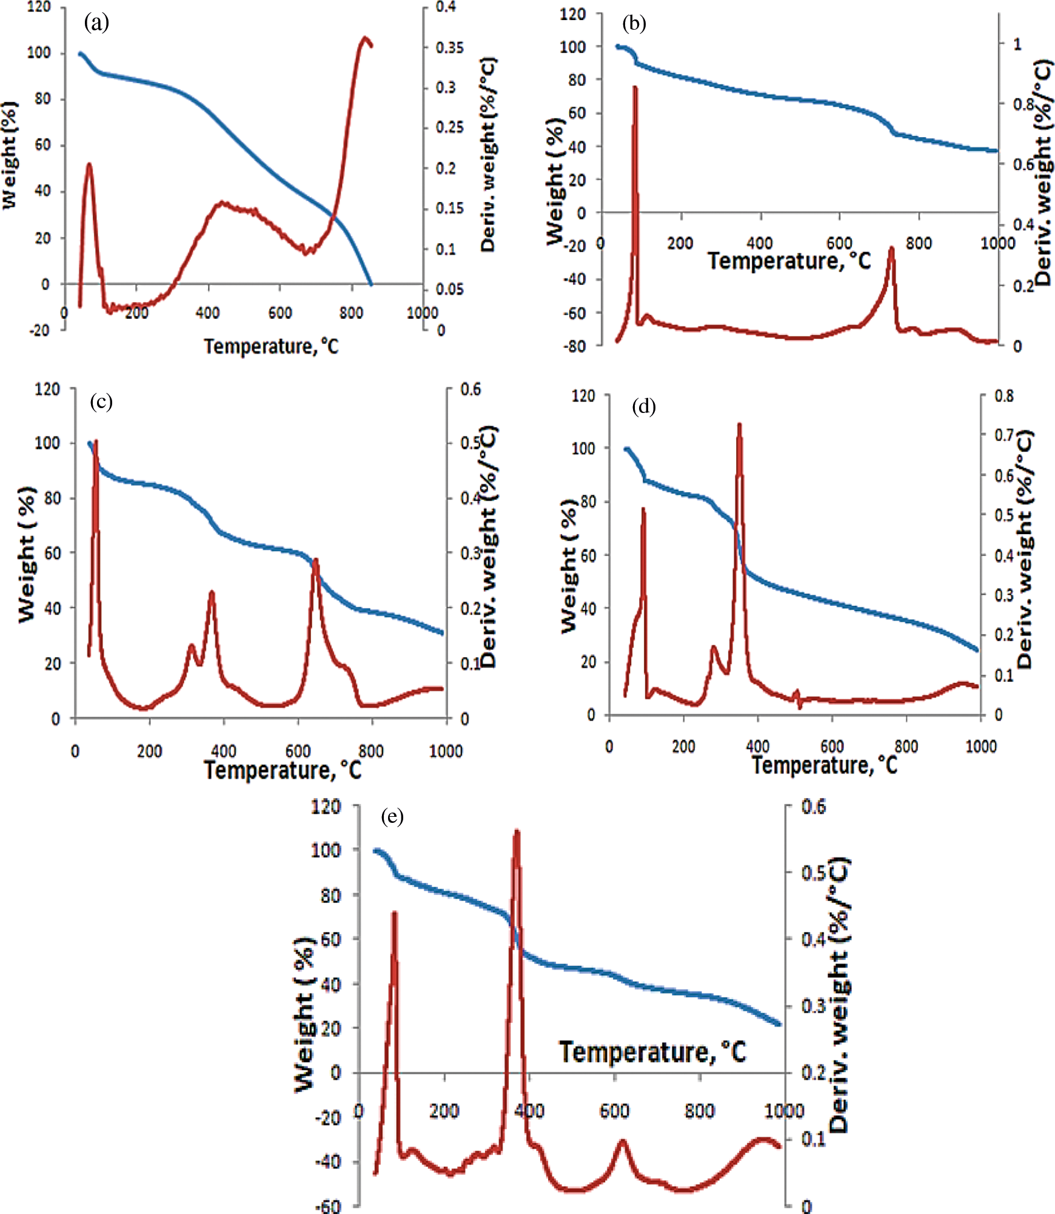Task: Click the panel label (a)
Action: [x=96, y=23]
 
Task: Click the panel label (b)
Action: [x=634, y=23]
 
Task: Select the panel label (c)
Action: [x=101, y=401]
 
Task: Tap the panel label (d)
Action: [x=644, y=406]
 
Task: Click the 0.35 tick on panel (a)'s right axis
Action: [x=450, y=47]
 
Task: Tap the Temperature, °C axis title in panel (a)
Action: [x=271, y=346]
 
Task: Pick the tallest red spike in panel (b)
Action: [x=635, y=89]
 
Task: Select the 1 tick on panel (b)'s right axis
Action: [x=1017, y=44]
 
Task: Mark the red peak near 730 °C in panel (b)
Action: [x=891, y=249]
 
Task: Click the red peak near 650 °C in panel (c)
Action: [x=315, y=560]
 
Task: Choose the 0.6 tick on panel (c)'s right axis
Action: [x=471, y=389]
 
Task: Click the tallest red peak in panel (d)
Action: [x=739, y=425]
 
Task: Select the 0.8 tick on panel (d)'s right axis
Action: [x=1003, y=396]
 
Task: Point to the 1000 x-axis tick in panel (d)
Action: [x=980, y=746]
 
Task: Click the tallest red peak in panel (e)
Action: [x=517, y=831]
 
